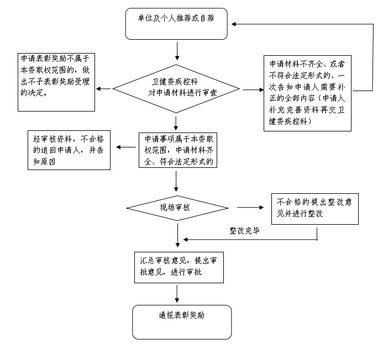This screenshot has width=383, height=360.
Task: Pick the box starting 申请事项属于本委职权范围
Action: [x=176, y=150]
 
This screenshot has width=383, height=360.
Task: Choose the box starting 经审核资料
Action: [x=69, y=150]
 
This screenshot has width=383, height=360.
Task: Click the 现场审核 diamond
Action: [x=176, y=208]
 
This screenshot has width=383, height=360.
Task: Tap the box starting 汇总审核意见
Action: [x=178, y=267]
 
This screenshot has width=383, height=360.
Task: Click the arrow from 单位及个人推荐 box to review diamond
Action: [x=176, y=50]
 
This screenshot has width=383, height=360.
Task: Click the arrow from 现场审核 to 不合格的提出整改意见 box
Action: [x=250, y=208]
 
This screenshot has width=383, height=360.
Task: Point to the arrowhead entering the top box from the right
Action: [x=235, y=24]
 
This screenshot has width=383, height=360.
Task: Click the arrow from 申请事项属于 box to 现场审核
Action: [x=176, y=182]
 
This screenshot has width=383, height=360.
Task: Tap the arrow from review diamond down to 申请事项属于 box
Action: [x=176, y=121]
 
